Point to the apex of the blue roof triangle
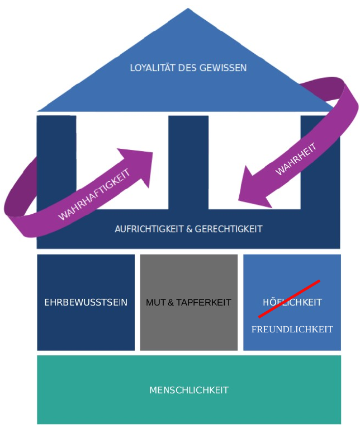tap(188, 10)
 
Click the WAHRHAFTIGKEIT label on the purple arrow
tap(94, 195)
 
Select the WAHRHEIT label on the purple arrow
tap(296, 159)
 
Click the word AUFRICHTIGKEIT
tap(147, 229)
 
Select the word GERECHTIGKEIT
tap(229, 229)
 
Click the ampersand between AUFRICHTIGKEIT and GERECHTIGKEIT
tap(190, 229)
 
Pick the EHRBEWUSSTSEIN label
tap(86, 303)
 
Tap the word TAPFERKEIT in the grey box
tap(203, 303)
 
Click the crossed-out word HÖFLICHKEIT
tap(292, 302)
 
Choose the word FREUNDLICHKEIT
tap(292, 329)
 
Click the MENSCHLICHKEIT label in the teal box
tap(188, 390)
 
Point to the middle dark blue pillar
tap(188, 162)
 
